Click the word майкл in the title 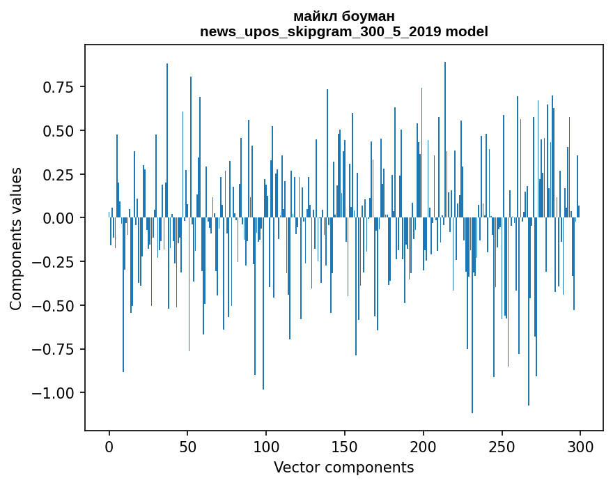(x=310, y=16)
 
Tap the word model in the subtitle (x=467, y=31)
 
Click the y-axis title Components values (x=15, y=238)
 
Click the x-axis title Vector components (x=343, y=468)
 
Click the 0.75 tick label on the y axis (x=58, y=87)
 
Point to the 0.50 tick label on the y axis (x=58, y=131)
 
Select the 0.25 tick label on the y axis (x=58, y=174)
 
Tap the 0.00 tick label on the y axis (x=58, y=218)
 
